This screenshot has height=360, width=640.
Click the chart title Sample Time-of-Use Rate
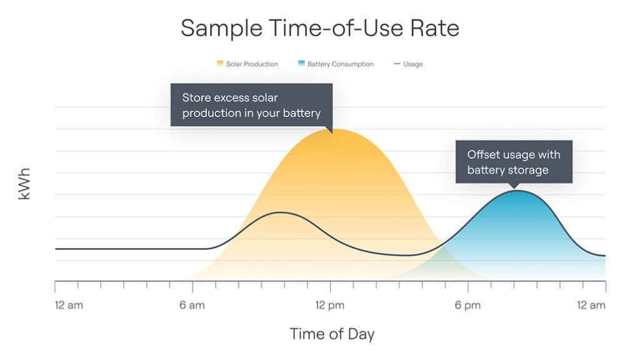(x=319, y=28)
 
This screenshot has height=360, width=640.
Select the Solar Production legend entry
(x=247, y=64)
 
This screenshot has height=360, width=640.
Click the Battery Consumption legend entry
(x=336, y=64)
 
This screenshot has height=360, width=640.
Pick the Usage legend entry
(x=408, y=64)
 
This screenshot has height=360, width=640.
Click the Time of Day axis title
(x=332, y=334)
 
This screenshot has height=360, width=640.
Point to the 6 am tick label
(x=192, y=305)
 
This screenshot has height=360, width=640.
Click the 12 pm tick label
(x=331, y=305)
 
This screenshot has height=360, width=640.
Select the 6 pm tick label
(x=468, y=305)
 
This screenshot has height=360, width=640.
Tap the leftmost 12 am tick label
(x=69, y=305)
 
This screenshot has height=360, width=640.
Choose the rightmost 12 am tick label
(x=591, y=305)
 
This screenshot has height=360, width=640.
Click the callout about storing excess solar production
(x=251, y=105)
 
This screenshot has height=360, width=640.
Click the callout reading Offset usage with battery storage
(x=514, y=162)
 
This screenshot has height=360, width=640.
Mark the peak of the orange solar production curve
(x=331, y=130)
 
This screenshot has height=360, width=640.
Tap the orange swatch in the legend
(x=220, y=64)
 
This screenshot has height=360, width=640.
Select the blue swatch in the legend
(x=301, y=64)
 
